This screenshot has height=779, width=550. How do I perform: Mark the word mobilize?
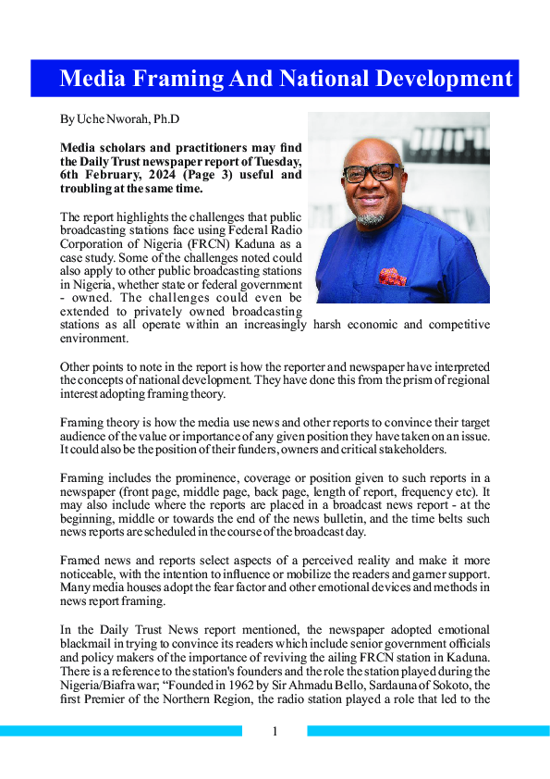pyautogui.click(x=342, y=575)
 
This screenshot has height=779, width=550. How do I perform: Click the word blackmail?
pyautogui.click(x=90, y=643)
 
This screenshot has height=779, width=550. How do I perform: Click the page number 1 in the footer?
pyautogui.click(x=275, y=733)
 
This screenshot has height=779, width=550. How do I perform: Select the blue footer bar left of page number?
pyautogui.click(x=120, y=731)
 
